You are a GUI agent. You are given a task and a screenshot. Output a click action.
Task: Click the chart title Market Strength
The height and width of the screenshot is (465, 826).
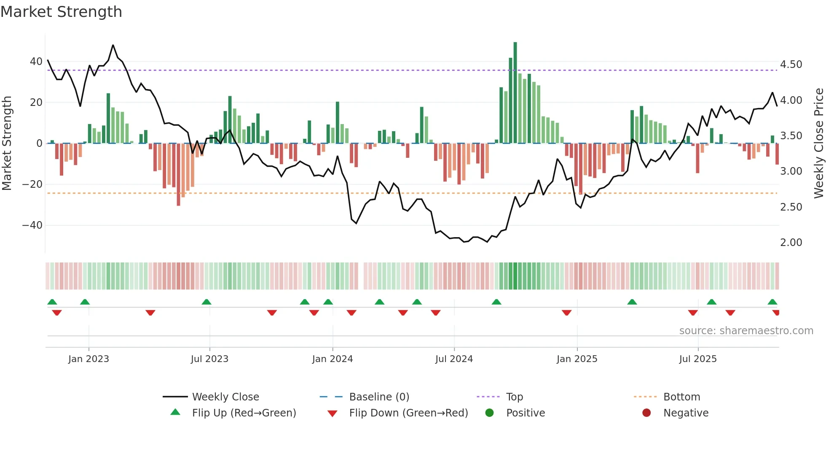tap(61, 12)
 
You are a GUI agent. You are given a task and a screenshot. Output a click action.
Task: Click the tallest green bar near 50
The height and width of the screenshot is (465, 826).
tap(515, 93)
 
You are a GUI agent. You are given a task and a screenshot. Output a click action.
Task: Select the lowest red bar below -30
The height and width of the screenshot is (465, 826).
tap(178, 174)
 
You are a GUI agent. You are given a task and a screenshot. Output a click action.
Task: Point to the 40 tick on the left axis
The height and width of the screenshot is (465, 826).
tap(36, 62)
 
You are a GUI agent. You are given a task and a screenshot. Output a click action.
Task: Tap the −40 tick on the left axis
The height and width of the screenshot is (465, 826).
tap(32, 225)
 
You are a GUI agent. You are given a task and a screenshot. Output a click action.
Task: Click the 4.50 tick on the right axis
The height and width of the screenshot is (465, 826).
tap(791, 65)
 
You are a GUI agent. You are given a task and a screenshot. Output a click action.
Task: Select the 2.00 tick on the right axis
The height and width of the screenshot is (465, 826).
tap(791, 243)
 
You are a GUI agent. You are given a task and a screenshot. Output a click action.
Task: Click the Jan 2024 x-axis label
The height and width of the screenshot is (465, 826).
tap(332, 359)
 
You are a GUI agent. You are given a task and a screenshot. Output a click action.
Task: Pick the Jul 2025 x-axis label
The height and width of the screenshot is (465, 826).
tap(697, 359)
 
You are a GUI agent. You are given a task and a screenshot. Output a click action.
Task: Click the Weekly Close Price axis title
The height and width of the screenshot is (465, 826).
tap(818, 143)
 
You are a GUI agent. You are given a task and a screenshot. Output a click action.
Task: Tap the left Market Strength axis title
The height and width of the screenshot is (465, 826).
tap(7, 143)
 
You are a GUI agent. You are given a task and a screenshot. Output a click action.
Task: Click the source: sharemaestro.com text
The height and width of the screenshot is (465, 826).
tap(746, 331)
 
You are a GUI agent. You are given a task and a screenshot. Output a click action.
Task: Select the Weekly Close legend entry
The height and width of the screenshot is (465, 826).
tap(225, 397)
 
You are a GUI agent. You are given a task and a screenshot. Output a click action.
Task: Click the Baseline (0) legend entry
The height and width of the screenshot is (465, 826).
tap(379, 397)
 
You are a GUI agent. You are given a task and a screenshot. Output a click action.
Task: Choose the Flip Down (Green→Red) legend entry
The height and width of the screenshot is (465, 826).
tap(408, 413)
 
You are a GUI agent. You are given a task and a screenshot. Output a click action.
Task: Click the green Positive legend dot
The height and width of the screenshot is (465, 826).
tap(489, 413)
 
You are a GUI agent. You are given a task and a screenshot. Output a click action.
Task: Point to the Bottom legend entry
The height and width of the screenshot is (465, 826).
tap(681, 397)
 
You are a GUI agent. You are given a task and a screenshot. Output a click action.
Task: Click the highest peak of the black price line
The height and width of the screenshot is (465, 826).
tap(113, 45)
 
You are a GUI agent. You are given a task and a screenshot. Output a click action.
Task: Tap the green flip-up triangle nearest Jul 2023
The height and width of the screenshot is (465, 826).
tap(206, 302)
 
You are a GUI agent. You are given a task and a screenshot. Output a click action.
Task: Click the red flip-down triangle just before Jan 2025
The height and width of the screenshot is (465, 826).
tap(566, 313)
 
